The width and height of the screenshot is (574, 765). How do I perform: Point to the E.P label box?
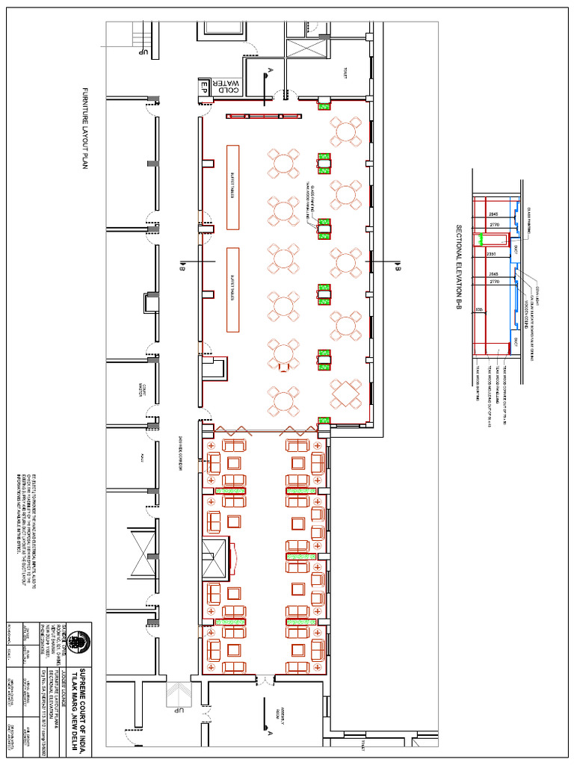(203, 87)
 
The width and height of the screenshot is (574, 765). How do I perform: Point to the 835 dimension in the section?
(479, 309)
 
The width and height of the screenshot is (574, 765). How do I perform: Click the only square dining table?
(345, 392)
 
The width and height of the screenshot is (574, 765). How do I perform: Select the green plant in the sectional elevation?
(491, 240)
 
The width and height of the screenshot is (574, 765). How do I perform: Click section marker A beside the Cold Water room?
(267, 72)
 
